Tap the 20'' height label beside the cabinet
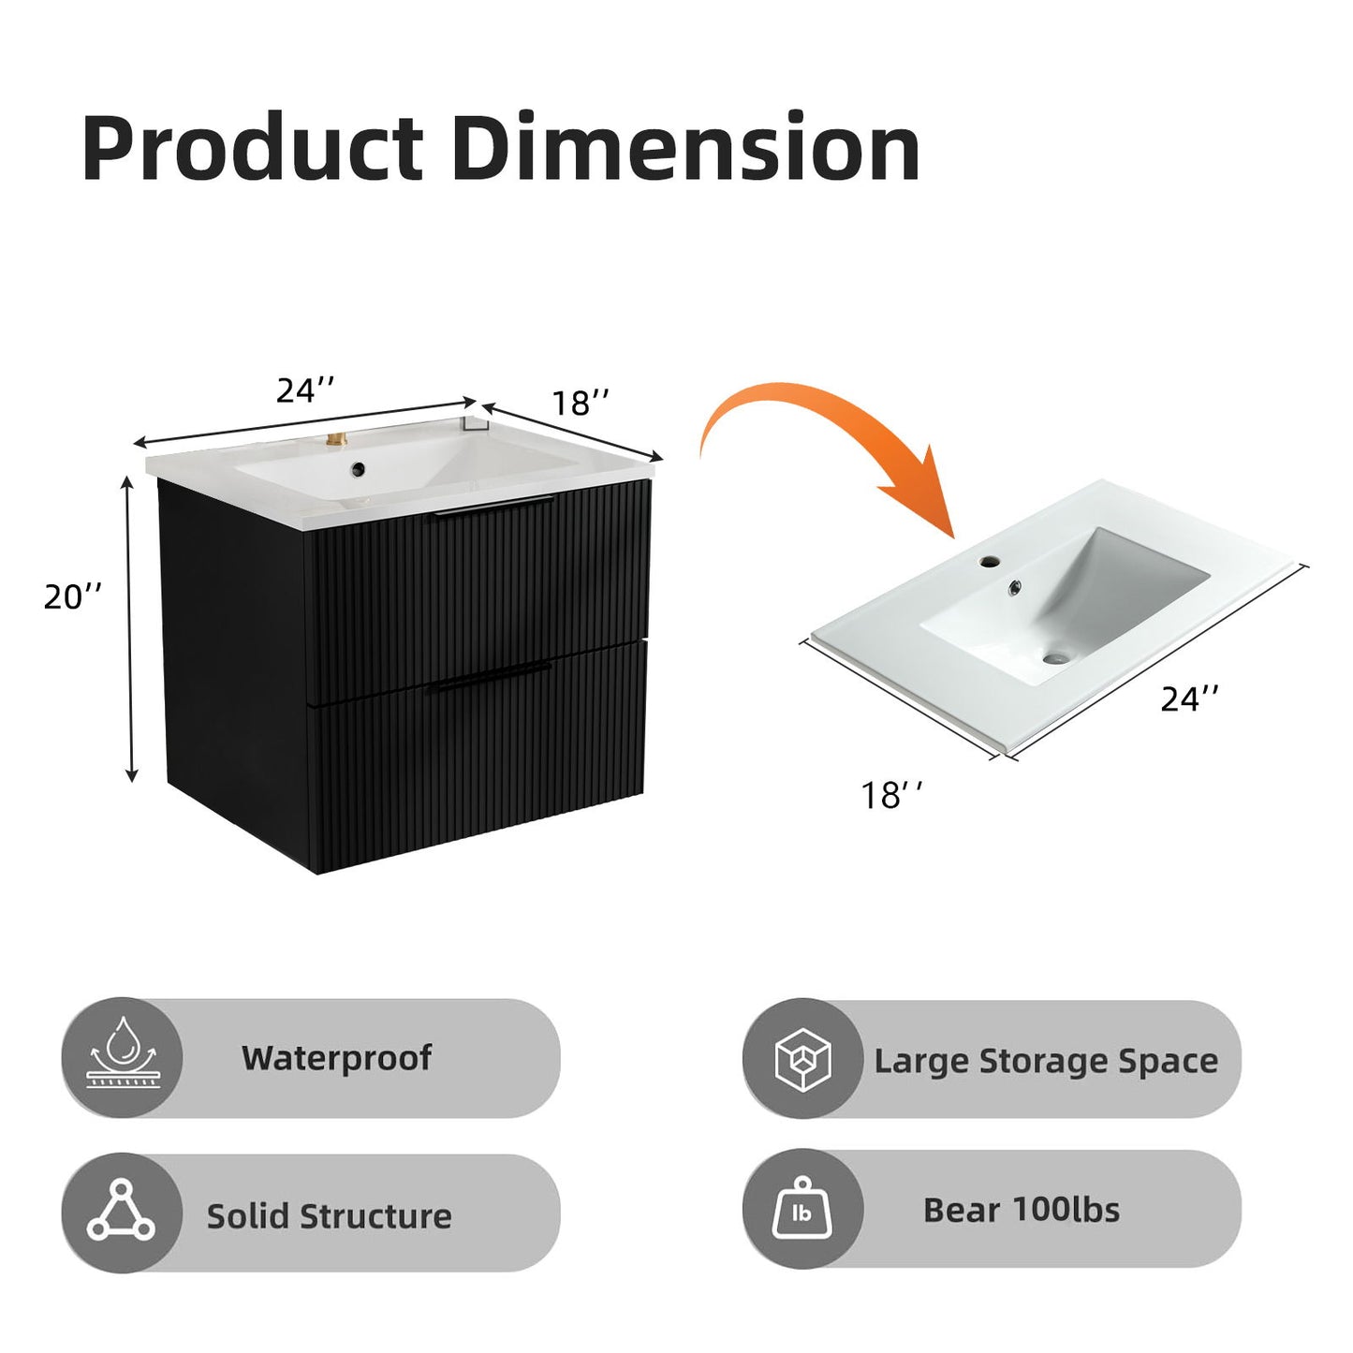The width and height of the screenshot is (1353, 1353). click(73, 596)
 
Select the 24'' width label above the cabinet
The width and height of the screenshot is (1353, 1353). click(305, 390)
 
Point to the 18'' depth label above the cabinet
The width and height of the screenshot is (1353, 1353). click(580, 404)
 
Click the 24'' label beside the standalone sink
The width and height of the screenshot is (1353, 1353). click(1189, 699)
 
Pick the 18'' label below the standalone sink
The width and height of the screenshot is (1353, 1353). click(891, 796)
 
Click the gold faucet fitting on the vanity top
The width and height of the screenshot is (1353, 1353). click(334, 440)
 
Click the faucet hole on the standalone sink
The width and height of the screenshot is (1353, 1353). click(989, 563)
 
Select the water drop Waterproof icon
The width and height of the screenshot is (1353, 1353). click(121, 1057)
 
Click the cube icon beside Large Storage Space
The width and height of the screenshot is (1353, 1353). click(802, 1060)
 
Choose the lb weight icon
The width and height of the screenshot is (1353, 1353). click(802, 1210)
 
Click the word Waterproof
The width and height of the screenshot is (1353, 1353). click(336, 1058)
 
